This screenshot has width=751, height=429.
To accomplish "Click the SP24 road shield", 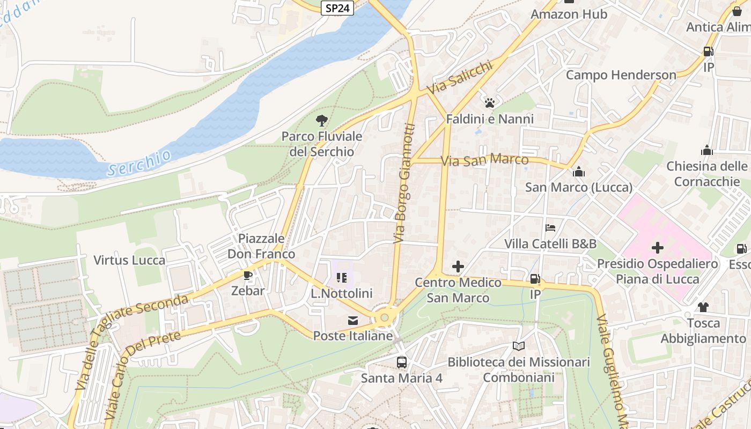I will tap(337, 8).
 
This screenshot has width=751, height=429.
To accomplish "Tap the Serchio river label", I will tap(139, 163).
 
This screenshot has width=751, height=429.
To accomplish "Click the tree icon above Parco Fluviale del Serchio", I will tap(322, 121).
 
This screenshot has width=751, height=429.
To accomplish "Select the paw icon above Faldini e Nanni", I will tap(489, 103).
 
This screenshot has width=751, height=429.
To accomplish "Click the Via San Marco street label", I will tap(484, 160).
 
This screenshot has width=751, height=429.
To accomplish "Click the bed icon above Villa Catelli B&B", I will tap(550, 228).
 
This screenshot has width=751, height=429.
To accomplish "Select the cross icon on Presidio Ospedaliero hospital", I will tap(657, 248).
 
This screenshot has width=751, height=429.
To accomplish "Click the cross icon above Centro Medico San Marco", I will tap(458, 267).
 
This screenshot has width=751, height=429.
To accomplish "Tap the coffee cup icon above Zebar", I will tap(248, 276).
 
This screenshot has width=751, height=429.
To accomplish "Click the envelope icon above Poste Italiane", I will tap(353, 321).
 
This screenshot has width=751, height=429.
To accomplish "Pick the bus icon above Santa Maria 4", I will tap(402, 363).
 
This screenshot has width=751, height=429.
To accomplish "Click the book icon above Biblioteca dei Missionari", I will tap(518, 346).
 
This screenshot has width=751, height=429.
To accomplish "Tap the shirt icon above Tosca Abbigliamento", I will tap(703, 307).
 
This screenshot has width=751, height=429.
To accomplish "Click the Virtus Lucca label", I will tap(129, 261).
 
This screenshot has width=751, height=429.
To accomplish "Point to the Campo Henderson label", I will tap(621, 75).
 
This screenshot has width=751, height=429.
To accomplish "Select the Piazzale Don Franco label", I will tap(261, 246).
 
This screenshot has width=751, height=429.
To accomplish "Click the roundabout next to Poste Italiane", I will tap(385, 317).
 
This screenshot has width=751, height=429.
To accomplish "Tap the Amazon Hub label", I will tap(569, 14).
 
